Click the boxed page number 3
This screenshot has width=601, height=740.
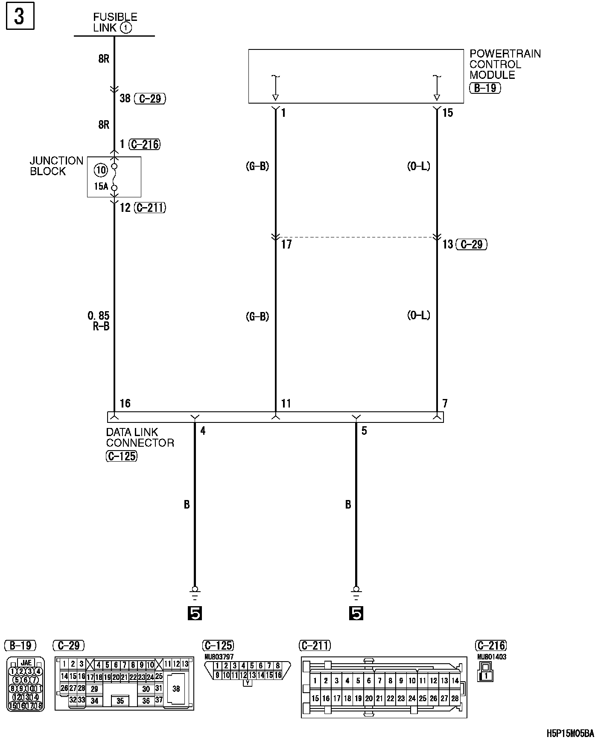[x=20, y=17]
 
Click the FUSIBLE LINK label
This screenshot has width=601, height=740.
[x=115, y=23]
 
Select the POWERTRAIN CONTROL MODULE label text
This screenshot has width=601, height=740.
[x=505, y=64]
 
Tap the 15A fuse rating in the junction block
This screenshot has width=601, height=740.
[x=101, y=186]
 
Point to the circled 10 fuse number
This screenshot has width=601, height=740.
[x=101, y=171]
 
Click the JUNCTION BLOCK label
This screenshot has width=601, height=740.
[x=56, y=166]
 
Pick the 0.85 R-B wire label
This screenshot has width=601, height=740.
[x=99, y=321]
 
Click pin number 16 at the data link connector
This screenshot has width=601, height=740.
[x=125, y=403]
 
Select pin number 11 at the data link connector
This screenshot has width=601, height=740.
[x=286, y=403]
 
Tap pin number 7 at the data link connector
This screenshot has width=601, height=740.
[x=445, y=403]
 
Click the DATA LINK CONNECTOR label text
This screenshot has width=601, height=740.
[x=140, y=438]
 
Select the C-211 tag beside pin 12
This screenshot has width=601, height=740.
[x=149, y=208]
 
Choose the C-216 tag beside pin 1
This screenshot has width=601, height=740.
[x=145, y=145]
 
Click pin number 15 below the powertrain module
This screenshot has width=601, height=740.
[x=447, y=113]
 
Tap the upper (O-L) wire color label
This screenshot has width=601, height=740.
[x=418, y=166]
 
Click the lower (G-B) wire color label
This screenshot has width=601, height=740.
[x=257, y=317]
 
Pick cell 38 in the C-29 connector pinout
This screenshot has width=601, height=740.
[x=176, y=688]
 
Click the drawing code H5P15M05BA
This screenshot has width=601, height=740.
[x=570, y=733]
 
